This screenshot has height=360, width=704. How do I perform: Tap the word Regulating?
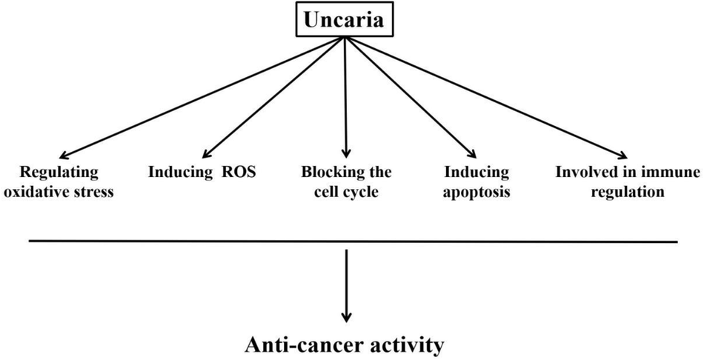[x=59, y=173]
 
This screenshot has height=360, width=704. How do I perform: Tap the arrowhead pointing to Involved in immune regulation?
[x=622, y=155]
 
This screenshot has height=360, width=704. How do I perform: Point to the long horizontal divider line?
[x=353, y=241]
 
